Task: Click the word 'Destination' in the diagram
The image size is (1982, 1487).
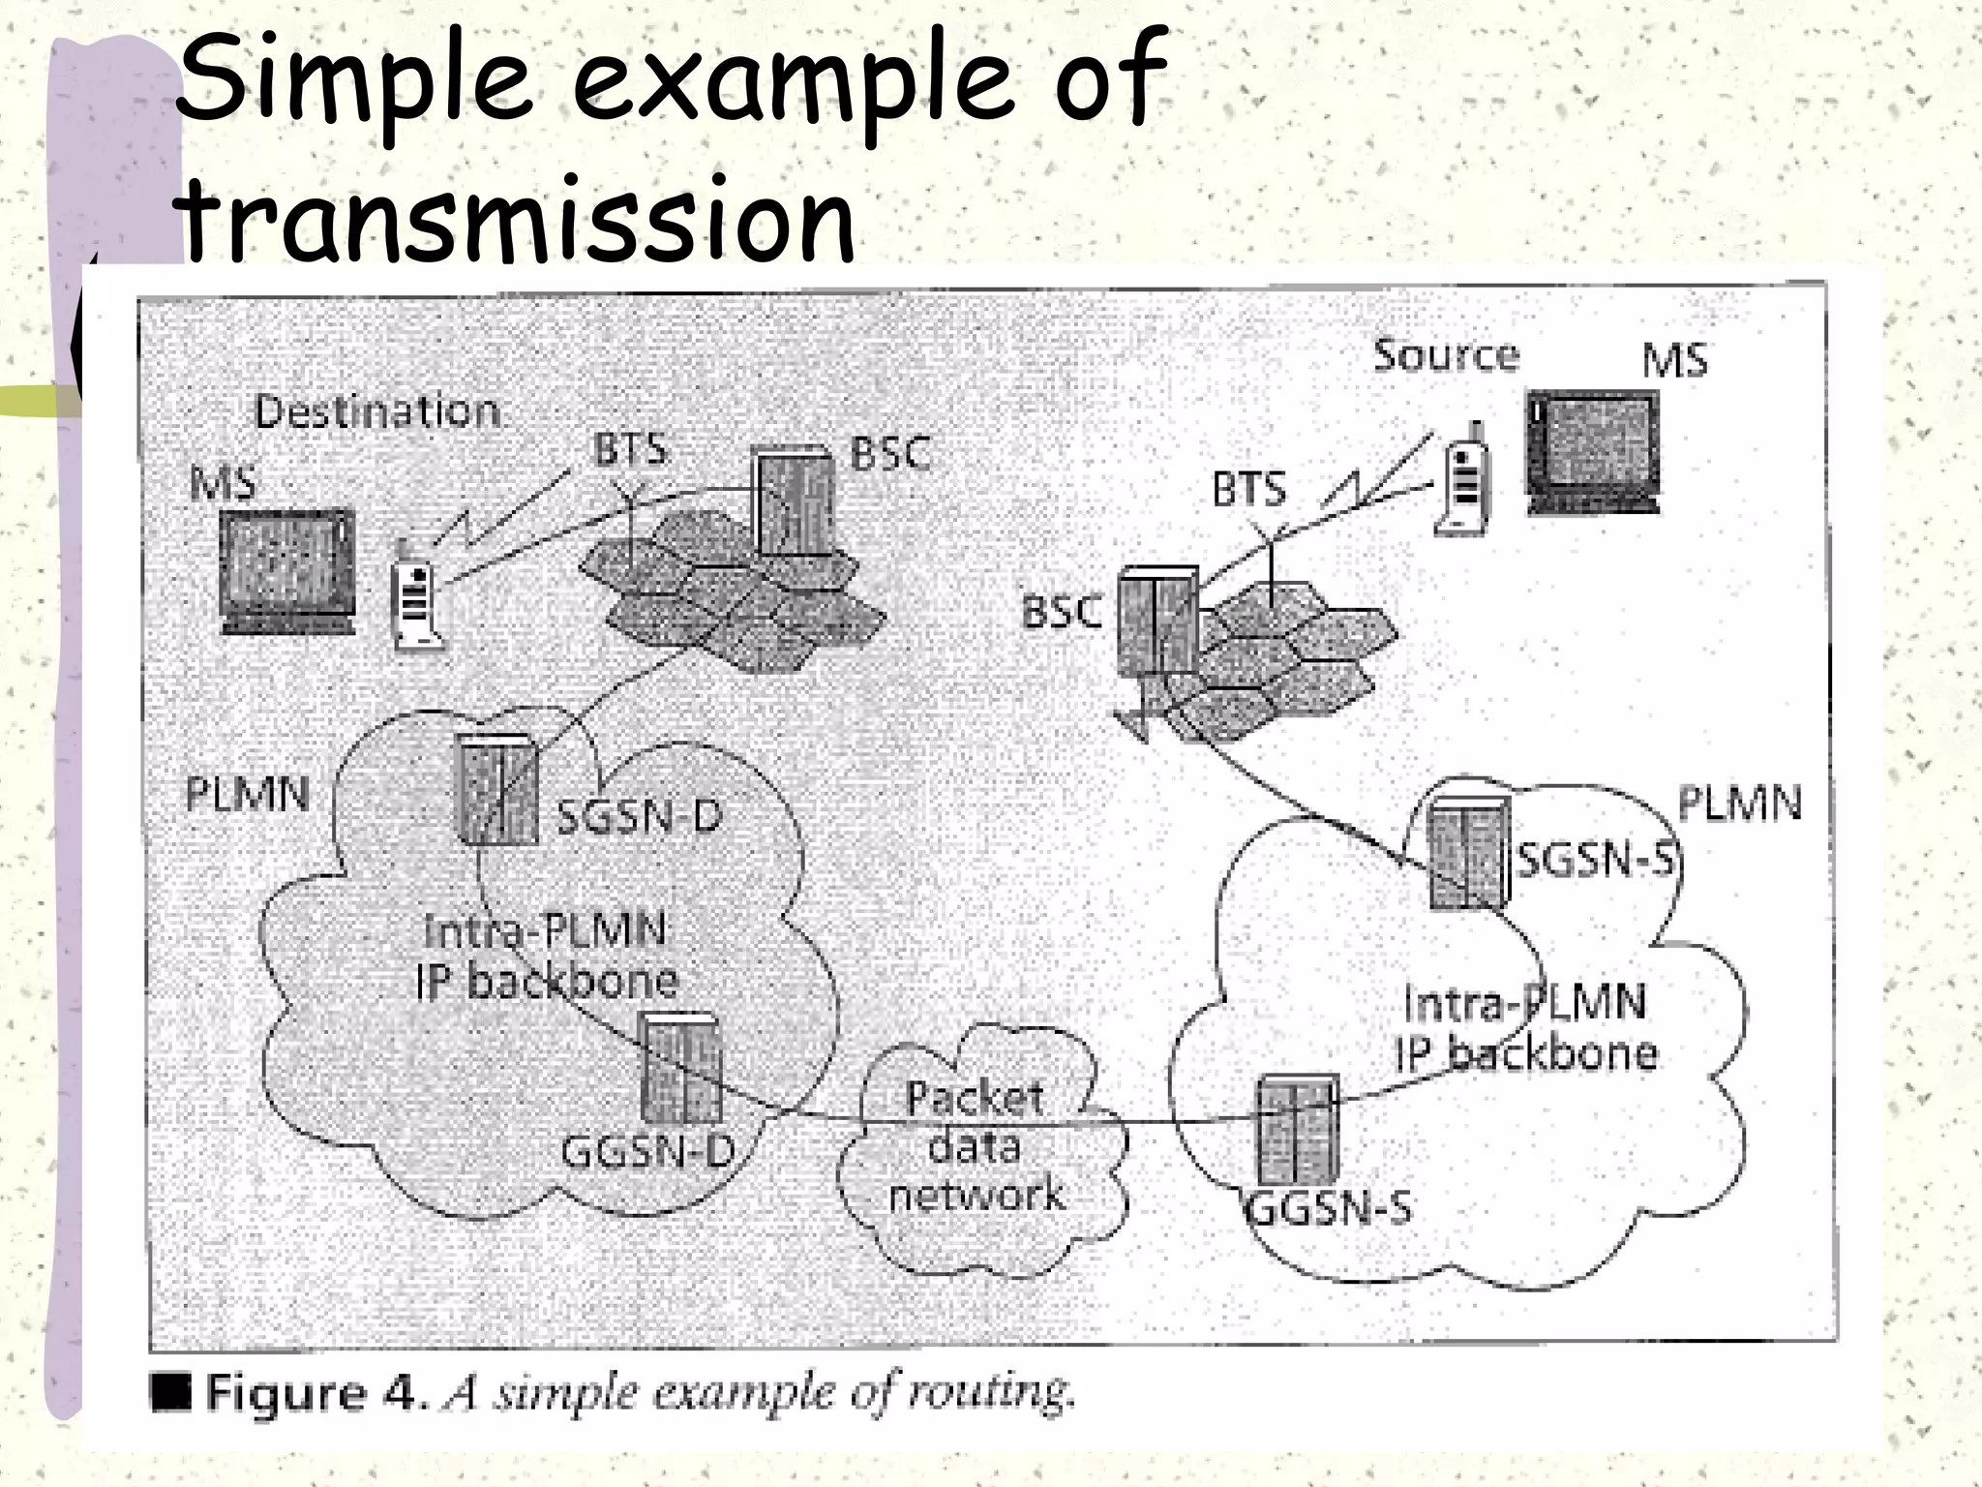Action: coord(377,411)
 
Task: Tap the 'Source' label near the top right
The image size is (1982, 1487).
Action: coord(1446,355)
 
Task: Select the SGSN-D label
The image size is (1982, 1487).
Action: coord(640,816)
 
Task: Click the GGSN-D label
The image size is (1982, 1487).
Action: coord(647,1151)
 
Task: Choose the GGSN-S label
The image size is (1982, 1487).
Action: coord(1327,1207)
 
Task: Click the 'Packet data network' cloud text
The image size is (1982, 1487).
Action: coord(976,1146)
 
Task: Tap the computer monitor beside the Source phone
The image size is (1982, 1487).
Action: coord(1592,451)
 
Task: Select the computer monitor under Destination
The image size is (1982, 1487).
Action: coord(286,571)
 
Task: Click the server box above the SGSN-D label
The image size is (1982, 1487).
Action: coord(495,789)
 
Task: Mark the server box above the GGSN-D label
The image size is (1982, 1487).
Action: coord(681,1069)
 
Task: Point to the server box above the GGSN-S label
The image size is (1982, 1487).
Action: coord(1297,1129)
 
